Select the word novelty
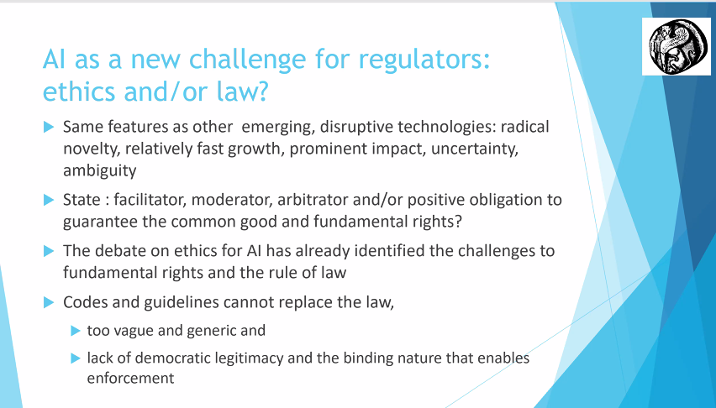tap(92, 150)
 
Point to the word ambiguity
tap(98, 170)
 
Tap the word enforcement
tap(130, 378)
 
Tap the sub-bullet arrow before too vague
tap(75, 330)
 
